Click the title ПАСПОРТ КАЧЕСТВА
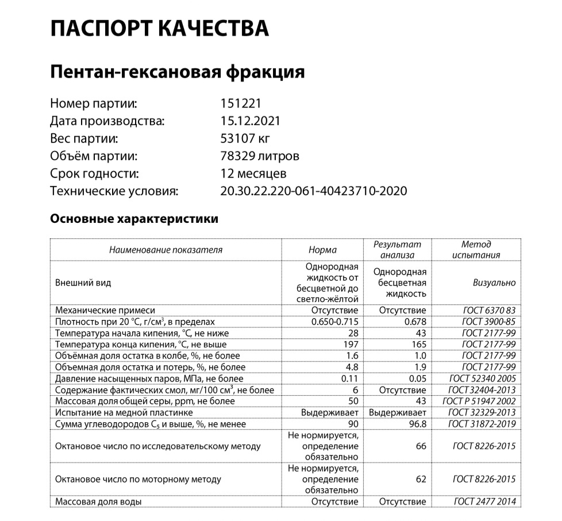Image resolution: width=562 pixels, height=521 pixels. pos(159,28)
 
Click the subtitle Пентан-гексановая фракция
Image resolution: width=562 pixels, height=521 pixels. pos(177,72)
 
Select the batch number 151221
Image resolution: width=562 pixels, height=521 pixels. pos(241,104)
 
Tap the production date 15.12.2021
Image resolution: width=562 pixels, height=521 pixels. pos(250,121)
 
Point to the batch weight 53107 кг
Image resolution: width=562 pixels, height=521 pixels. pos(245,138)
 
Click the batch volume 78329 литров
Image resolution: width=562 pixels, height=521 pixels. pos(260,156)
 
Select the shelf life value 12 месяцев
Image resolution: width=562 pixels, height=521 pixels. pos(253,173)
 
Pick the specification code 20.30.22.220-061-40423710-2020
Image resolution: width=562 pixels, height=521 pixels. pos(314,191)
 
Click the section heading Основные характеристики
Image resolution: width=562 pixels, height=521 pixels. pos(134,219)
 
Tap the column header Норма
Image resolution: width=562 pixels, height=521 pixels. pos(322,250)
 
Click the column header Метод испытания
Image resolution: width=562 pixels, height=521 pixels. pos(476,250)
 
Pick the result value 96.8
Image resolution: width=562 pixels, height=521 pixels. pos(415,424)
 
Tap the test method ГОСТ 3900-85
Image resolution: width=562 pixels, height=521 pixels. pos(488,322)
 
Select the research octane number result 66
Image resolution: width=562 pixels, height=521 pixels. pos(421,446)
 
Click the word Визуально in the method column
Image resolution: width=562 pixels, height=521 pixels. pos(494,283)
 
